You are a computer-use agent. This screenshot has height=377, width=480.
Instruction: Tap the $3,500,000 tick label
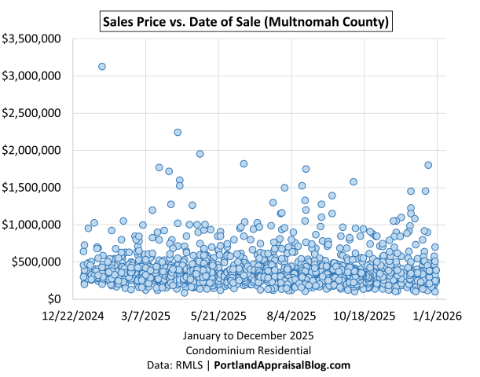pyautogui.click(x=34, y=38)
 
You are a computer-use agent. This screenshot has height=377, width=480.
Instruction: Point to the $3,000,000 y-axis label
pyautogui.click(x=34, y=76)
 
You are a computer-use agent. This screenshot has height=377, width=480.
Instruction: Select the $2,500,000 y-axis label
pyautogui.click(x=34, y=113)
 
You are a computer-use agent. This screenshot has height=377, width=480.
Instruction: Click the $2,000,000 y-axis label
pyautogui.click(x=34, y=150)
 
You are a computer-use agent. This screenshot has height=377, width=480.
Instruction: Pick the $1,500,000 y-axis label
pyautogui.click(x=34, y=188)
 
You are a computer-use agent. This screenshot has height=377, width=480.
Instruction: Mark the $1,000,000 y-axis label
pyautogui.click(x=34, y=225)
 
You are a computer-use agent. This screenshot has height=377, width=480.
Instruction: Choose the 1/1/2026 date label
pyautogui.click(x=437, y=317)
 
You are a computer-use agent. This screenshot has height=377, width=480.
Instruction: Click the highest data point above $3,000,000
pyautogui.click(x=102, y=66)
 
